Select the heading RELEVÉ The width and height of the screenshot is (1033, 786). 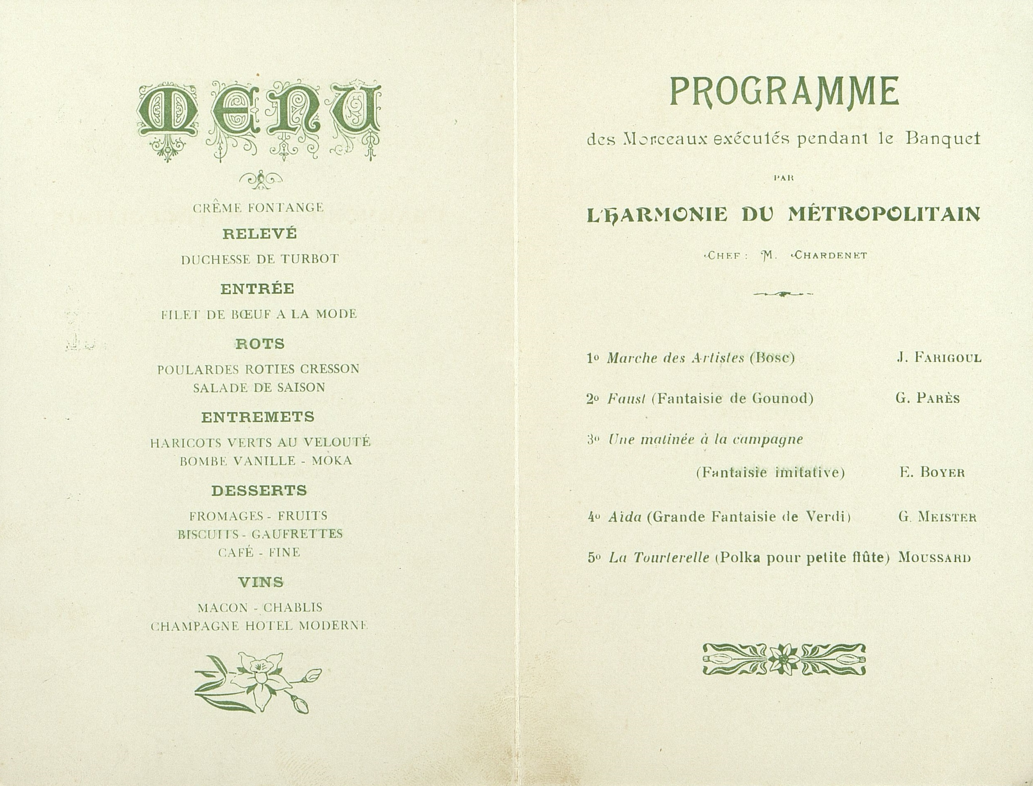click(x=259, y=233)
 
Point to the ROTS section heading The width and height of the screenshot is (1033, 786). click(x=260, y=344)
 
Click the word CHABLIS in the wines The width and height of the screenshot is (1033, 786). click(x=293, y=607)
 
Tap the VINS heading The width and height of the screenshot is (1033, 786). click(x=261, y=582)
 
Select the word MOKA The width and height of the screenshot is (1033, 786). click(x=332, y=461)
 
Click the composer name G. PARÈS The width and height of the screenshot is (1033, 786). click(x=928, y=399)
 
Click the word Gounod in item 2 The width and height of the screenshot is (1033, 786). click(x=783, y=399)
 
